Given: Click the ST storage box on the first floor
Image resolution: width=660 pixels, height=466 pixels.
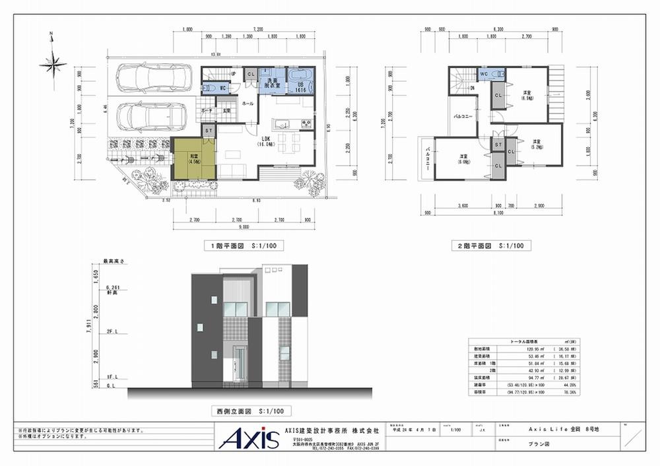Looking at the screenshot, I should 209,131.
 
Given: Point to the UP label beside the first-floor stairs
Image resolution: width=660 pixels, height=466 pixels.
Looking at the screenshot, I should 234,73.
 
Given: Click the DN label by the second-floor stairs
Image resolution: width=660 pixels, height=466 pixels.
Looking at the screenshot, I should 473,88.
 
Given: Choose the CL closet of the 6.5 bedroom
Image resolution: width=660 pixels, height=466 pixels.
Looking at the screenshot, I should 498,96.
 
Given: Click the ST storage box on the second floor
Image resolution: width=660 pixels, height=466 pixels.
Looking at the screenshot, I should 498,144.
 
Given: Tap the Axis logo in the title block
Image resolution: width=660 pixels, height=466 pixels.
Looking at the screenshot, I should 245,438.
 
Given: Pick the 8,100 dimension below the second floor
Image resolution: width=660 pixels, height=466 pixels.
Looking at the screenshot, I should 498,213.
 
